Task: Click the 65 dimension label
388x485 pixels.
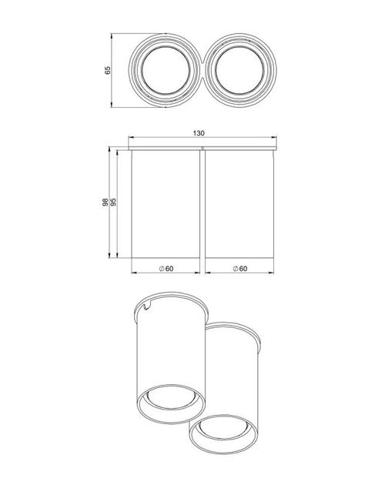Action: [x=107, y=70]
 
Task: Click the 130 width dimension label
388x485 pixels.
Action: [x=199, y=133]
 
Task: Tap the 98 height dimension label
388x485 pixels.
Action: [x=105, y=202]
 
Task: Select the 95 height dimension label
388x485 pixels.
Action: [x=113, y=202]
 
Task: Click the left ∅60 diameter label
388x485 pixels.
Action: [x=166, y=269]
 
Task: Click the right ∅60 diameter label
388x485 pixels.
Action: [x=240, y=269]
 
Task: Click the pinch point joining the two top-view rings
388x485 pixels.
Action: [x=202, y=71]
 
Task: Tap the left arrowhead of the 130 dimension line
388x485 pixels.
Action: [x=131, y=137]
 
